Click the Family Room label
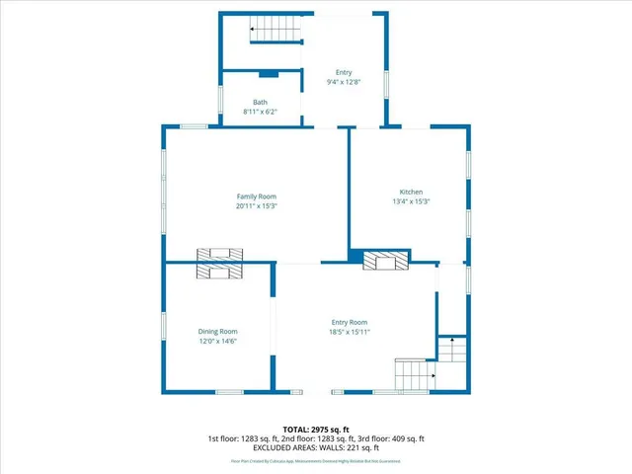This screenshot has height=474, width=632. point(256,197)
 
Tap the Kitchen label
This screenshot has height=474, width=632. point(411,192)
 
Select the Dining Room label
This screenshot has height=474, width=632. point(217,332)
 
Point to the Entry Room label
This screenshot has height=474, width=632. point(349,322)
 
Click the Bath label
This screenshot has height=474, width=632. point(260,103)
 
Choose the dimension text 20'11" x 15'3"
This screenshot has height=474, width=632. point(256,206)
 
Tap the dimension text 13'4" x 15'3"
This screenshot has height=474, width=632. point(411,201)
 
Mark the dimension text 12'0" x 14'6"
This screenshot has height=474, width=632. point(217,342)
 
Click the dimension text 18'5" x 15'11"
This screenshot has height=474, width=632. point(349,332)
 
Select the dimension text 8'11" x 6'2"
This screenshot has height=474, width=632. point(260,113)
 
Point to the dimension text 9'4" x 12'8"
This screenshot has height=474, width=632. point(344,82)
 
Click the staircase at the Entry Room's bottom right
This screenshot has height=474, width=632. point(414,374)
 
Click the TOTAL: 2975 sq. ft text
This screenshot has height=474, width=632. point(316,430)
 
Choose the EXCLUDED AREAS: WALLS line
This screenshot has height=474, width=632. point(316,447)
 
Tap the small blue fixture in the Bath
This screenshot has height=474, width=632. point(266,74)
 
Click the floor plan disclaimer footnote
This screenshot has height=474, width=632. point(316,461)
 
